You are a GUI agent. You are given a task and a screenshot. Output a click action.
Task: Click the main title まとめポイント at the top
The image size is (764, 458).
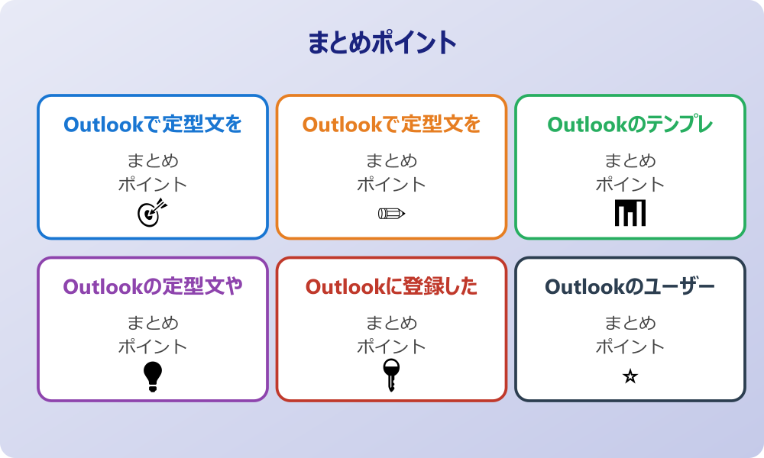[382, 43]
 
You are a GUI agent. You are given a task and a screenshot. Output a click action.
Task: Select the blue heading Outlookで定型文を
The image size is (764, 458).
[153, 124]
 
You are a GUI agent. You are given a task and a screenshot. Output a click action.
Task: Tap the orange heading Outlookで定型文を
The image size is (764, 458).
[391, 124]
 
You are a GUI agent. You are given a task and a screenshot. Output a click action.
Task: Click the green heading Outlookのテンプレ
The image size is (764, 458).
[630, 124]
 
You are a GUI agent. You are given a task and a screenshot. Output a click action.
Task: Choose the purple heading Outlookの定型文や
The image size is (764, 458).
[153, 287]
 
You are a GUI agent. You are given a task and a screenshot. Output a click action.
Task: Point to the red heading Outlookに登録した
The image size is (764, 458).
[391, 287]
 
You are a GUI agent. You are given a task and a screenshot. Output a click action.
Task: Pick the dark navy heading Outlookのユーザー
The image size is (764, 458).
[630, 287]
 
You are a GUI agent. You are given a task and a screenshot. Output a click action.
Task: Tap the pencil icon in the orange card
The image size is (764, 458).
[391, 213]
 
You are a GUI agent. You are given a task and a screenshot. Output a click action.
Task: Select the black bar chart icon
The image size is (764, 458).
[630, 213]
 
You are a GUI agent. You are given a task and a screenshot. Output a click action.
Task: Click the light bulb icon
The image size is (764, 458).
[153, 376]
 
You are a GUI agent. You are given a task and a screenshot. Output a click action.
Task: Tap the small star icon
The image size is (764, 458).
[630, 376]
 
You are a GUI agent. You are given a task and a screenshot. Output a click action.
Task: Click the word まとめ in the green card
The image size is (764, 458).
[630, 161]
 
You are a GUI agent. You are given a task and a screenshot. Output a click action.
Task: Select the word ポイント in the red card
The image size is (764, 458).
[391, 347]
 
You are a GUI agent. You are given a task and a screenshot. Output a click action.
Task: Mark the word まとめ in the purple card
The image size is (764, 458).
[153, 323]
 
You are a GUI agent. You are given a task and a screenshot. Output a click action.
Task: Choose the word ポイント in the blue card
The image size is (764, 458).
[153, 185]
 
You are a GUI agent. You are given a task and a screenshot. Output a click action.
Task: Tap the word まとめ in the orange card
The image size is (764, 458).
[391, 161]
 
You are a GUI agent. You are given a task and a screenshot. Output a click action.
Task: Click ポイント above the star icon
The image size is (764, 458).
[630, 347]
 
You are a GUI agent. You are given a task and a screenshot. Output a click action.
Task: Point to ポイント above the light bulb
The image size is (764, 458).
[153, 347]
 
